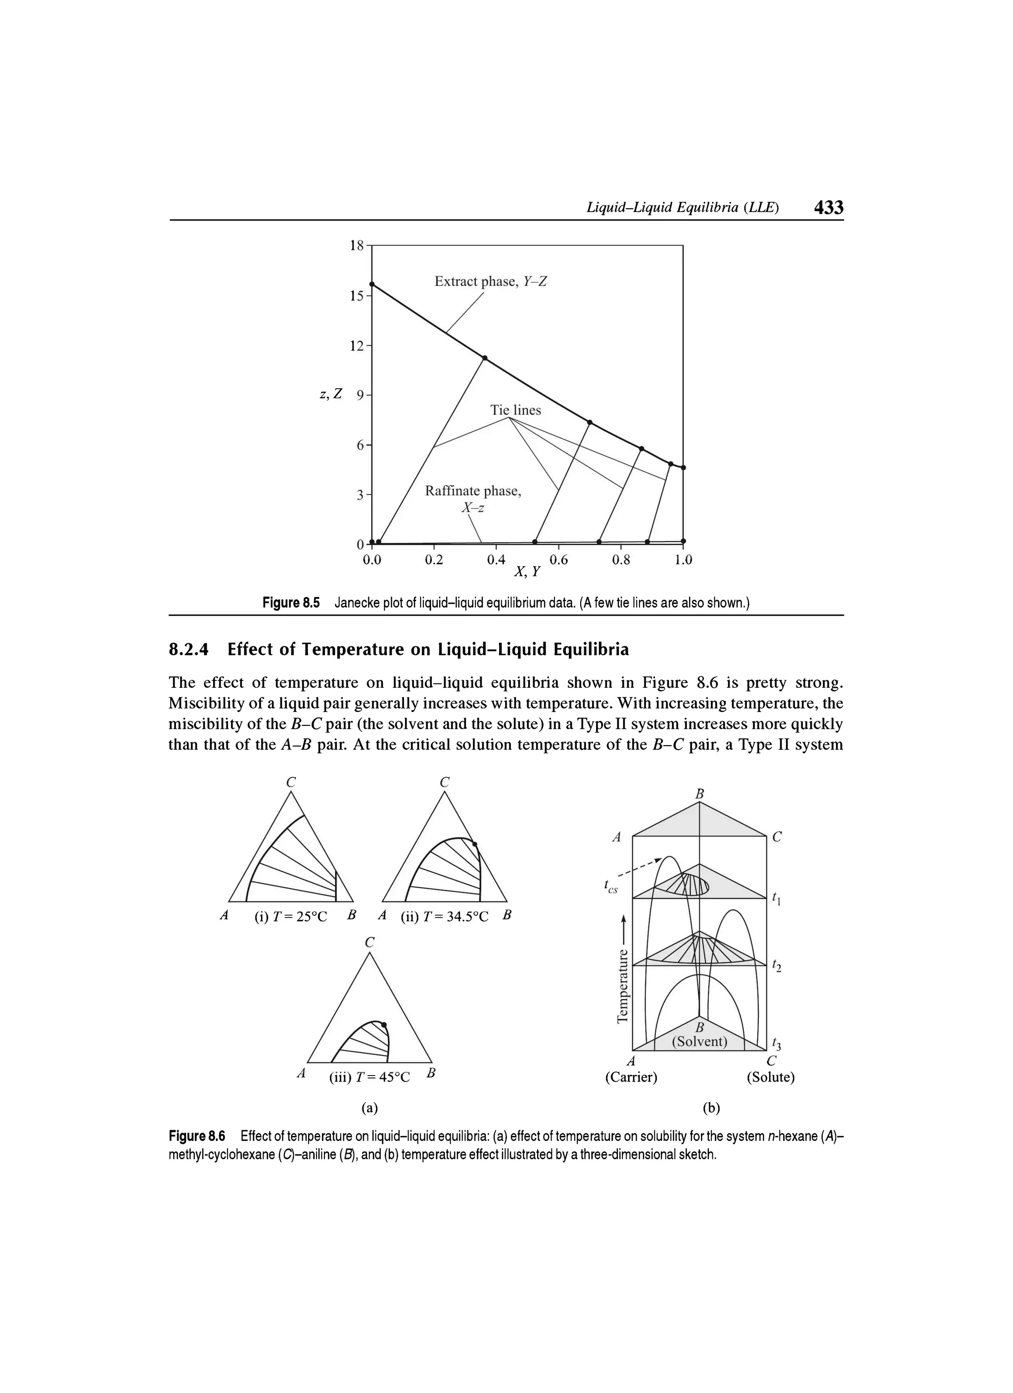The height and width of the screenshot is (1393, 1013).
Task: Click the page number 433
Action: click(828, 208)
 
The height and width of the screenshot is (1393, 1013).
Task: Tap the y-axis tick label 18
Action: click(356, 246)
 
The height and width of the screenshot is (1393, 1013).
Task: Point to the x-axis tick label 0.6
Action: click(558, 560)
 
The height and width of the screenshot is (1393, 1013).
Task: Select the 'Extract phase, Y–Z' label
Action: click(490, 281)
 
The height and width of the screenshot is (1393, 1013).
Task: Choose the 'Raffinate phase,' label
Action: click(473, 491)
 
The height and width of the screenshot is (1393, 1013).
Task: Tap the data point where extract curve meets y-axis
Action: click(371, 284)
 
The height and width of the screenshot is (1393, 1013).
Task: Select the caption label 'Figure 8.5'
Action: click(291, 603)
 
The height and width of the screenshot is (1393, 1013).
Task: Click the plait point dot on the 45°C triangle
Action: click(384, 1025)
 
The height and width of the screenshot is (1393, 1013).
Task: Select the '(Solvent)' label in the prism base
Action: click(699, 1042)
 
